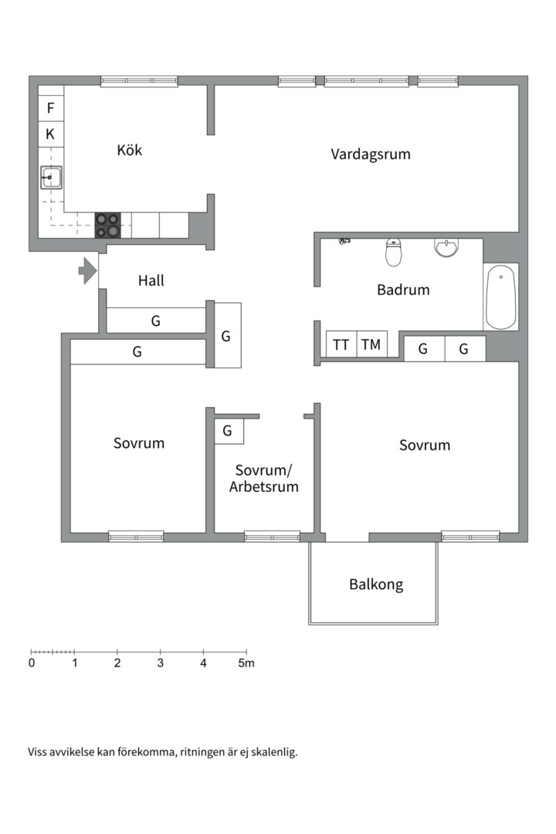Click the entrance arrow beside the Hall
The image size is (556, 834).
(x=87, y=271)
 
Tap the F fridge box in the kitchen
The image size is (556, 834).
(x=51, y=108)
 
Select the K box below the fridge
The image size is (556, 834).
(x=51, y=134)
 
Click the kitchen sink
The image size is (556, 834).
(x=51, y=178)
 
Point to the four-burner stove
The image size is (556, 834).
(x=108, y=225)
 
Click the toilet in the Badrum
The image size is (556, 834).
(x=394, y=251)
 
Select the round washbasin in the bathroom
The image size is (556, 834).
(x=446, y=248)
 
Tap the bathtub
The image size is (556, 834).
(x=500, y=297)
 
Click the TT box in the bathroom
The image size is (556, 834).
(x=341, y=344)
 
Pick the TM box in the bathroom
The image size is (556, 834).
(x=371, y=344)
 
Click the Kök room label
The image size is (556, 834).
(x=129, y=150)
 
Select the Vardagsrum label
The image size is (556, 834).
(x=371, y=154)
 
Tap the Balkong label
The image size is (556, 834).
(x=376, y=585)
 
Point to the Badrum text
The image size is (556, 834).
(x=403, y=290)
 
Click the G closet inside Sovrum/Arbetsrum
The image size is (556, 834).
(x=228, y=431)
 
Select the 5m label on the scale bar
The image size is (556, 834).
(x=246, y=663)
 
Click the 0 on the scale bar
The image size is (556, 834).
(x=32, y=663)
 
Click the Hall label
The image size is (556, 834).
(x=151, y=281)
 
